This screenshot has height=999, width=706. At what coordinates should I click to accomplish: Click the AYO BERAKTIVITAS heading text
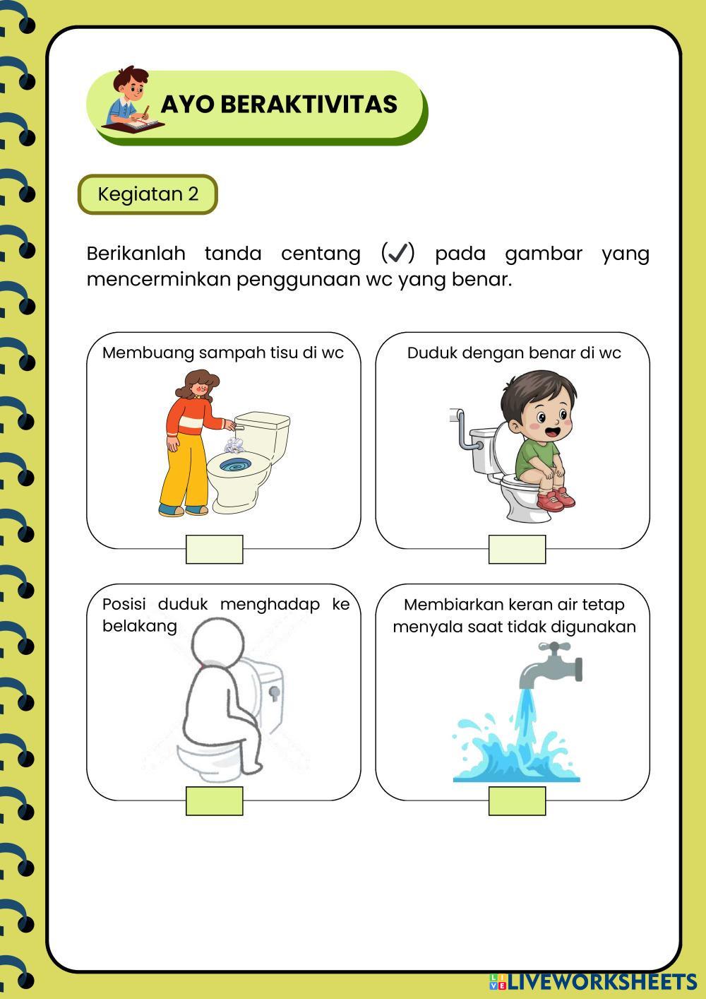[x=279, y=104]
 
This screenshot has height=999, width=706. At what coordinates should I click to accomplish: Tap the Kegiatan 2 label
[x=148, y=194]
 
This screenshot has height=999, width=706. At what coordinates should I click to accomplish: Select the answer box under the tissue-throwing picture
[x=215, y=549]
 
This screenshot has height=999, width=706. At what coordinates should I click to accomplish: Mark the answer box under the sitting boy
[x=517, y=549]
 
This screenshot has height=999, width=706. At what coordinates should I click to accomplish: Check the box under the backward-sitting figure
[x=215, y=800]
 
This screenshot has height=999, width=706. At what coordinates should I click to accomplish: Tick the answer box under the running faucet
[x=517, y=800]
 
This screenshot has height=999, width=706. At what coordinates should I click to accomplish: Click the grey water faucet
[x=551, y=665]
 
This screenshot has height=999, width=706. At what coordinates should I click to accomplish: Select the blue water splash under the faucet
[x=516, y=752]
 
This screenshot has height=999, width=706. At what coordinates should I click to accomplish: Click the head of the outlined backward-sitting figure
[x=218, y=643]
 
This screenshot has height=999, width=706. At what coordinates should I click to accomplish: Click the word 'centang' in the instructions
[x=321, y=254]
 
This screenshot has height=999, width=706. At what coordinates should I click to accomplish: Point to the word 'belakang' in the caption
[x=140, y=626]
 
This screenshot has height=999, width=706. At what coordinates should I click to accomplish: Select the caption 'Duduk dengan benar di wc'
[x=514, y=353]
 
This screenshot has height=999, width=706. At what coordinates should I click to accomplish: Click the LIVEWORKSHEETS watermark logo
[x=593, y=981]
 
